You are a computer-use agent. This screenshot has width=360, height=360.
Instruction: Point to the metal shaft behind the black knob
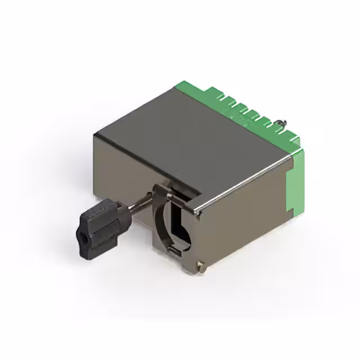pos(138,203)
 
